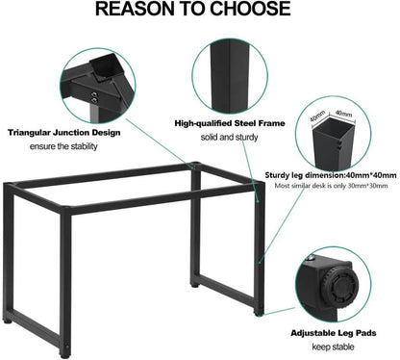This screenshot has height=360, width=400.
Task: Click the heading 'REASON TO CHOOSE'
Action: pyautogui.click(x=200, y=12)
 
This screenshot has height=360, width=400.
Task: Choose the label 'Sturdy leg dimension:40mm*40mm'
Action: pyautogui.click(x=332, y=175)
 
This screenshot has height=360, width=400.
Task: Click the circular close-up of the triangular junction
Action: pyautogui.click(x=96, y=82)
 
